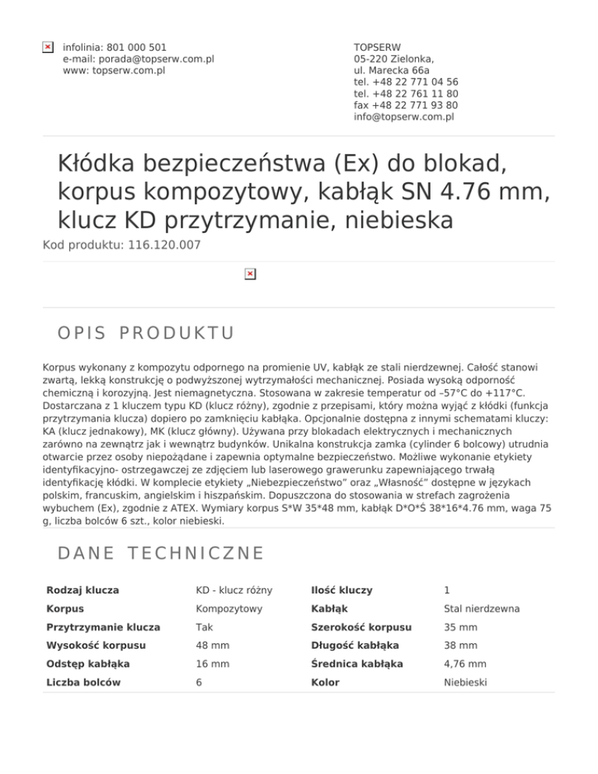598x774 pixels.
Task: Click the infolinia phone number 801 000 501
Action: [x=135, y=47]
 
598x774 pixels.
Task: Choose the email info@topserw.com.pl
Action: [x=404, y=117]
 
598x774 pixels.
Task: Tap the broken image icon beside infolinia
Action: [x=47, y=47]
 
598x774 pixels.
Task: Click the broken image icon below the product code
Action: [x=249, y=274]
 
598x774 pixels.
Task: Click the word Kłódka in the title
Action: [x=105, y=165]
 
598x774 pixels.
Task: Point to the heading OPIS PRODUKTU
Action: [x=146, y=333]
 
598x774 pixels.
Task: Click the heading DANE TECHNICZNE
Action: [x=161, y=554]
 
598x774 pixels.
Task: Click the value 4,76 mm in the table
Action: [x=466, y=664]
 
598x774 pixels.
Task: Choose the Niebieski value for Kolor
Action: [x=466, y=682]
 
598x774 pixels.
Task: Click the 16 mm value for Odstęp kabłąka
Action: [x=209, y=664]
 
